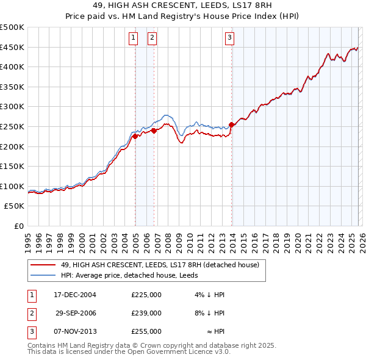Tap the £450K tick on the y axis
tap(12, 47)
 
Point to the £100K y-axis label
tap(12, 186)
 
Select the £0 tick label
tap(18, 226)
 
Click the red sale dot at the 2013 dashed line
tap(232, 124)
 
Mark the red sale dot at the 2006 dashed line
tap(154, 131)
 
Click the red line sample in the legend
tap(43, 265)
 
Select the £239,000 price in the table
tap(146, 312)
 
